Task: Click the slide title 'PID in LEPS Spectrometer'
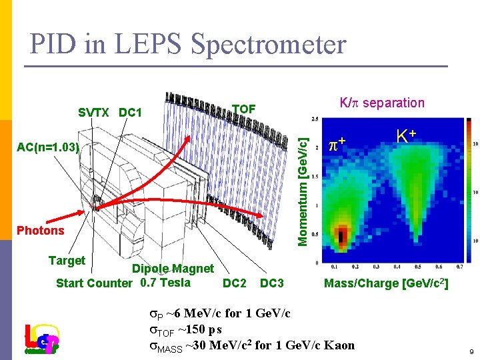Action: [x=188, y=44]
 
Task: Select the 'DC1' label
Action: [x=130, y=112]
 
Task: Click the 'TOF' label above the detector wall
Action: [x=244, y=109]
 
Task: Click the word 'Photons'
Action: [x=41, y=231]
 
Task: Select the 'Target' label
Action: [x=67, y=261]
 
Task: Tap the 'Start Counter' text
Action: [x=94, y=283]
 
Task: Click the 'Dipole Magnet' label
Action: [x=173, y=269]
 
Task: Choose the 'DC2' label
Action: [x=234, y=283]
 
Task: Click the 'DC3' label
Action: [x=271, y=283]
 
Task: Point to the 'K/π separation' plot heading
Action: [x=381, y=103]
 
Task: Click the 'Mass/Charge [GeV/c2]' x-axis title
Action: [x=385, y=284]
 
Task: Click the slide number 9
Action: [x=471, y=351]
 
